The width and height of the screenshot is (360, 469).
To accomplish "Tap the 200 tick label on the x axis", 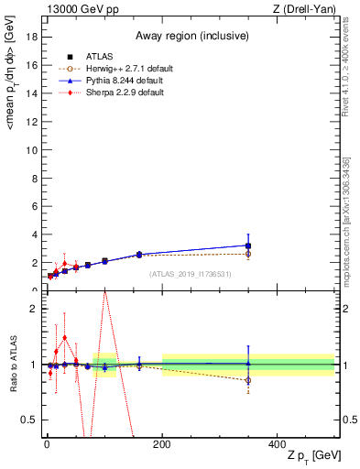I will (161, 443).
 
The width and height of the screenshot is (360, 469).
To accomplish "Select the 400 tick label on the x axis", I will (278, 443).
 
